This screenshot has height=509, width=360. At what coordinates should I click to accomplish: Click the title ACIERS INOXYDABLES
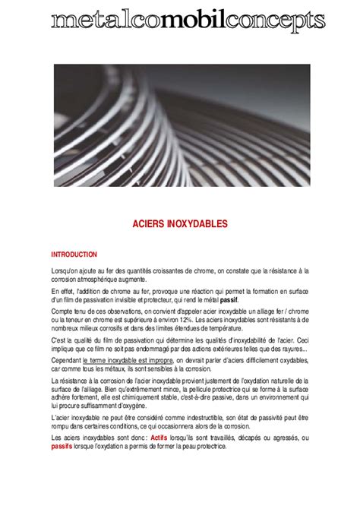[180, 224]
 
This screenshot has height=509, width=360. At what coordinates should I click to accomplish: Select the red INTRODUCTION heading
[74, 254]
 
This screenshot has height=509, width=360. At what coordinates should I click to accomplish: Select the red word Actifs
[159, 438]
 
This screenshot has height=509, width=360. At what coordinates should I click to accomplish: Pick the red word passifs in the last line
[62, 446]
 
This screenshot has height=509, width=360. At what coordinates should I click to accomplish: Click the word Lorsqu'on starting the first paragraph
[68, 270]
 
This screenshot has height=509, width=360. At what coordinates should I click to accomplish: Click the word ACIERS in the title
[151, 224]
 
